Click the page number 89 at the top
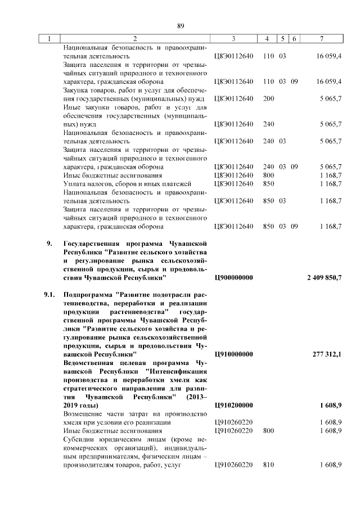tap(181, 25)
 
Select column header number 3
tap(233, 39)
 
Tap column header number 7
tap(321, 39)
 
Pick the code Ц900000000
tap(234, 278)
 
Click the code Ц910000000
tap(234, 355)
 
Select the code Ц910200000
tap(234, 406)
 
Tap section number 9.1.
tap(50, 295)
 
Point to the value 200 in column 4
tap(268, 98)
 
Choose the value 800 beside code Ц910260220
tap(268, 431)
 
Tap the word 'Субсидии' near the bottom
tap(78, 439)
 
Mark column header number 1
tap(49, 39)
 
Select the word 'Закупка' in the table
tap(76, 89)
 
